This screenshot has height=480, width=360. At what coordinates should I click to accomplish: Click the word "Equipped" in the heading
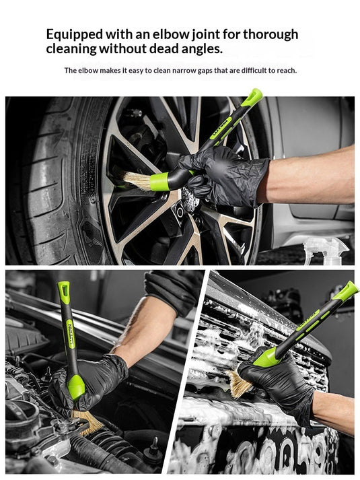(75, 35)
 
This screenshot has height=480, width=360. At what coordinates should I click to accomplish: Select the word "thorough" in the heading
(271, 35)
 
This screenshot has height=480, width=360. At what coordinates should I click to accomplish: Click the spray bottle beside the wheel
(326, 251)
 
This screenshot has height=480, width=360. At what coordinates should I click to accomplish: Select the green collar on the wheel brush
(159, 182)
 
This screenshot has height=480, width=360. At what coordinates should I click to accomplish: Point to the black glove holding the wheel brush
(222, 178)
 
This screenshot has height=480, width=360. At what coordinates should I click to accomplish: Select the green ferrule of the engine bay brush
(75, 386)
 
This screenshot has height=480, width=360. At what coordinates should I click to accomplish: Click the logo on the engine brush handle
(71, 334)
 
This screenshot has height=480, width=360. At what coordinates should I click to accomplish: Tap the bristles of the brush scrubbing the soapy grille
(240, 384)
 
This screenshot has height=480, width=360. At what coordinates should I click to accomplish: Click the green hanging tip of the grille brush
(347, 291)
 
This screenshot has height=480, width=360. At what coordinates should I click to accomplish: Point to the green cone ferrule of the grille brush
(266, 357)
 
